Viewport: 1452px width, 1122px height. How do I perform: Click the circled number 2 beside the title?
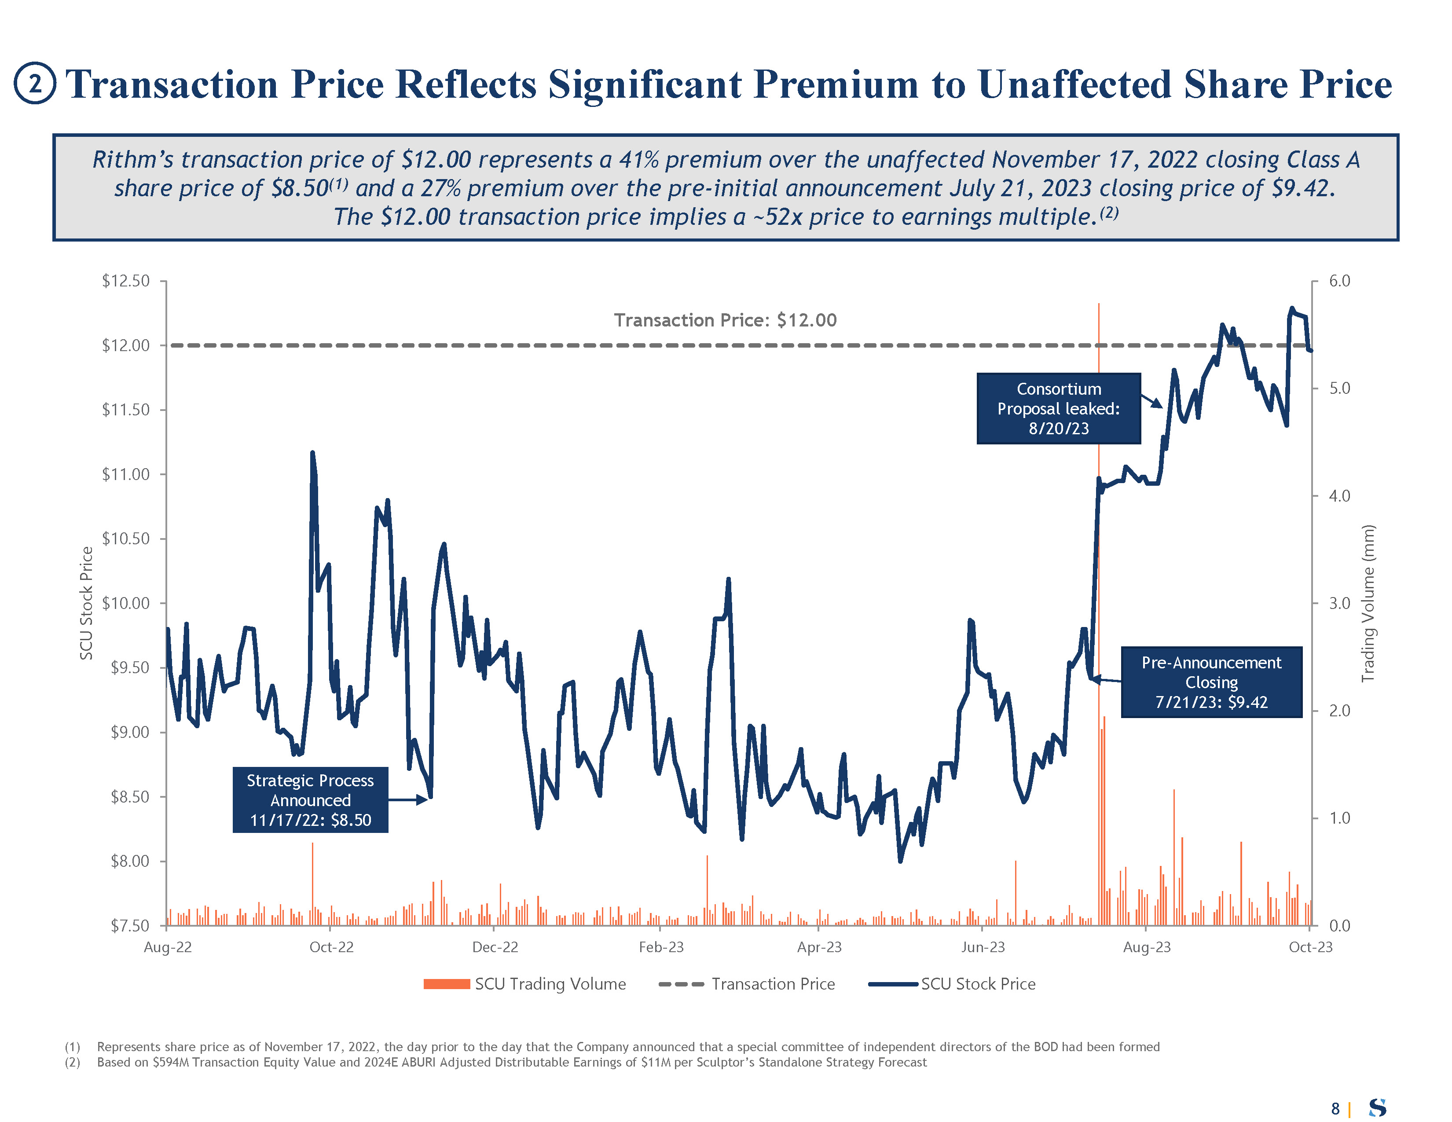(x=35, y=83)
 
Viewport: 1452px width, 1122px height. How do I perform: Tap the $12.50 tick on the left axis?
(x=126, y=281)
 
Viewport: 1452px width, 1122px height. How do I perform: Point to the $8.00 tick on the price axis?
(x=130, y=861)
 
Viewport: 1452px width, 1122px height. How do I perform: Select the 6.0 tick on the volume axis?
(x=1339, y=281)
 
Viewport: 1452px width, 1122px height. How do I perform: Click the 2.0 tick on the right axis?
(x=1339, y=711)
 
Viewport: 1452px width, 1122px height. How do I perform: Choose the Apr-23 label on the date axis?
(x=819, y=947)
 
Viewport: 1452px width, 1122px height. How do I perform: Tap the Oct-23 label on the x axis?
(x=1310, y=947)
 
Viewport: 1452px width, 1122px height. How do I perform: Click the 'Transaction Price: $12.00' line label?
(x=725, y=320)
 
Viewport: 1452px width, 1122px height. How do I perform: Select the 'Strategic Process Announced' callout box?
(x=310, y=799)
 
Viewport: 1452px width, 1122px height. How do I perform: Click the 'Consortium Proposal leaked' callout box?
(x=1058, y=408)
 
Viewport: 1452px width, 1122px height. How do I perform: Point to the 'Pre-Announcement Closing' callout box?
(x=1211, y=682)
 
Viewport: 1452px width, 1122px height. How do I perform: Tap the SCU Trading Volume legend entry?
(x=525, y=984)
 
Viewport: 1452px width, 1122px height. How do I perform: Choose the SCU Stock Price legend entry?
(x=952, y=984)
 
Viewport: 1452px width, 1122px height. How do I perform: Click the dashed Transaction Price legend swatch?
(x=681, y=984)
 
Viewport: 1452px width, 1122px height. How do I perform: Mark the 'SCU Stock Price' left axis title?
(x=86, y=603)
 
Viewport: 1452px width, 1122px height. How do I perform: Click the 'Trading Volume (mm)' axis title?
(x=1368, y=603)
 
